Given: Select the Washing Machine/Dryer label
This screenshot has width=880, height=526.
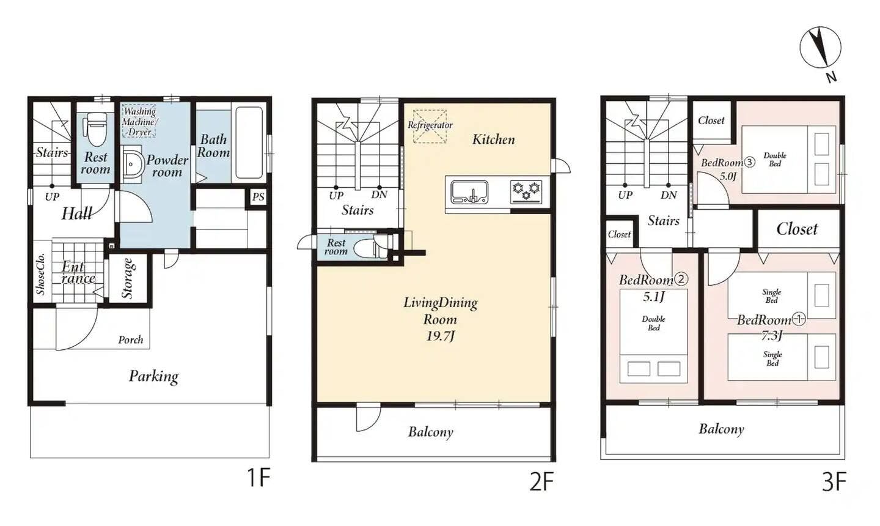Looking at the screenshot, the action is point(139,121).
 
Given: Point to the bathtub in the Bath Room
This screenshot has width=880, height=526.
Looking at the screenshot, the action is point(249,143).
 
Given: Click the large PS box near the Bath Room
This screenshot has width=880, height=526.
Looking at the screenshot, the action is point(258,197).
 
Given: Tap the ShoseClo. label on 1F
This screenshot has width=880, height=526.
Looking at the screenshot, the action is point(40,275).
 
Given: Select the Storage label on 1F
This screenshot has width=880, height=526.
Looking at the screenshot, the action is point(128,278).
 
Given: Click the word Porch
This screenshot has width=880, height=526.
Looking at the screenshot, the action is point(131,339).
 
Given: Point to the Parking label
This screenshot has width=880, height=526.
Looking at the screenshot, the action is point(153,377).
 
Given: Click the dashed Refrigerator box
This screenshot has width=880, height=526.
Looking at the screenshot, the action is point(430,126).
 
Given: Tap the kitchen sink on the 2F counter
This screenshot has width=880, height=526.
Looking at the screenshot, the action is point(469,192).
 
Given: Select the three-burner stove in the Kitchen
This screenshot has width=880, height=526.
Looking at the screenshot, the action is point(526,192).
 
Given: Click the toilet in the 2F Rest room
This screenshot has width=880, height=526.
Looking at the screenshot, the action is point(370,248).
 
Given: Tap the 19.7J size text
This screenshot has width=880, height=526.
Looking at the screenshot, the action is point(441,336).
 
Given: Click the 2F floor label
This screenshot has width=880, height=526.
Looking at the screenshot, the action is point(541,481).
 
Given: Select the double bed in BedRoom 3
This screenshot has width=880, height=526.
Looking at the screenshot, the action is point(788,159).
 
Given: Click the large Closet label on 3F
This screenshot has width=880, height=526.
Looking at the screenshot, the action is point(797,229).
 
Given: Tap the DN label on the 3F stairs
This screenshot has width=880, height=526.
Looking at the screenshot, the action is point(669,195).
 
